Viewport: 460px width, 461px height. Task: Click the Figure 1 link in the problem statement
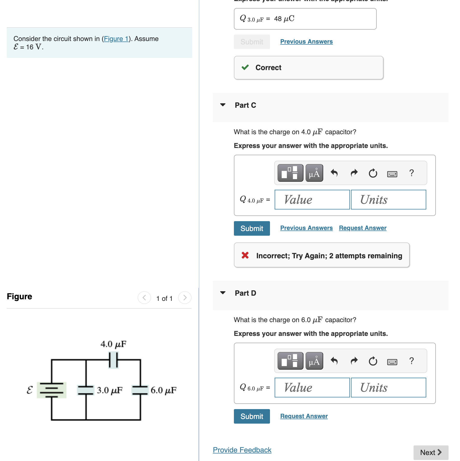click(116, 39)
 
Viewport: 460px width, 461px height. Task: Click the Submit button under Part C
click(252, 228)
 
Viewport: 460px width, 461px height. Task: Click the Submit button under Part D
click(252, 416)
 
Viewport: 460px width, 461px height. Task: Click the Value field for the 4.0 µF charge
click(312, 200)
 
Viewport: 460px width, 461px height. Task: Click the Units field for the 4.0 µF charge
click(388, 200)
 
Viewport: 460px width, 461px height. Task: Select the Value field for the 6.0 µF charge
click(312, 388)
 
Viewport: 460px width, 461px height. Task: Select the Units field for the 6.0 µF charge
click(388, 388)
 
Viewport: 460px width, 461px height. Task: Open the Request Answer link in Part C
click(362, 228)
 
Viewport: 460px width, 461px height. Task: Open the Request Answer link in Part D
click(304, 416)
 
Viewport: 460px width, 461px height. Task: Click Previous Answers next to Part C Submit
click(306, 228)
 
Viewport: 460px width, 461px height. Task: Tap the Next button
click(431, 452)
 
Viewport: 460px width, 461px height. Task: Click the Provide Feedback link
click(242, 450)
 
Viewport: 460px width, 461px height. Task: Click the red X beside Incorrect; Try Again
click(245, 255)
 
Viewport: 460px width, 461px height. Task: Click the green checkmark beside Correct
click(245, 67)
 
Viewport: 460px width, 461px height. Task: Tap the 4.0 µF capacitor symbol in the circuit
click(113, 360)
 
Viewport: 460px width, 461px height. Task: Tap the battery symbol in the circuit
click(52, 390)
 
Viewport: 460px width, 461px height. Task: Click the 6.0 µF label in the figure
click(164, 390)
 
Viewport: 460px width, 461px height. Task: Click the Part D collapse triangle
click(223, 293)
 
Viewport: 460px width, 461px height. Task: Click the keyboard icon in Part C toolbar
click(392, 173)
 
